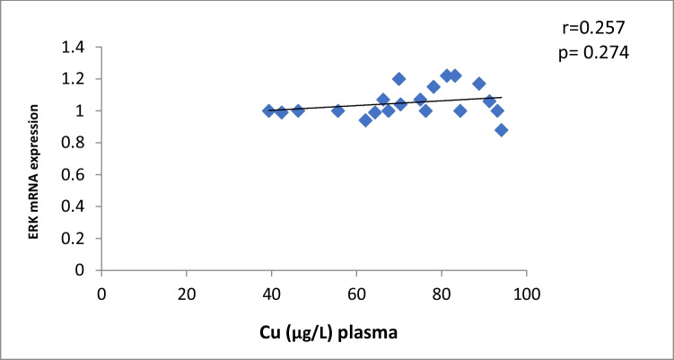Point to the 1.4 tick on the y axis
(76, 47)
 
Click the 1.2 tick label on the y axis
(76, 79)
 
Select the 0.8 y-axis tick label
(76, 143)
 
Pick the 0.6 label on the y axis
(76, 174)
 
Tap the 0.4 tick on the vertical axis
(76, 206)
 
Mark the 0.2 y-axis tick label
(76, 238)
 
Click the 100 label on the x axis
(527, 293)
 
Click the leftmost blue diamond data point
(268, 110)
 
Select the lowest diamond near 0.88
(501, 130)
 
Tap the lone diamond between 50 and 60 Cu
(337, 111)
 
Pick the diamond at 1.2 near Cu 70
(398, 79)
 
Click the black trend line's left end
(269, 110)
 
